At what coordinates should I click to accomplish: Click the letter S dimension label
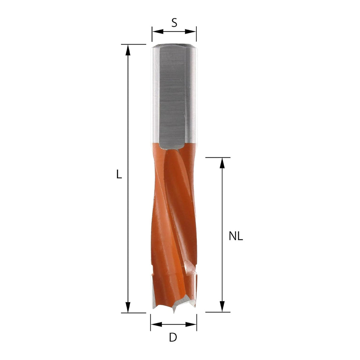[174, 22]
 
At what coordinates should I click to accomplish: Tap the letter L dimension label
[119, 174]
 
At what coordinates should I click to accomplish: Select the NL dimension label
[236, 236]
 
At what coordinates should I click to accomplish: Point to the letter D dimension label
[173, 337]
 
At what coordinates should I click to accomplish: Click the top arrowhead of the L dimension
[128, 50]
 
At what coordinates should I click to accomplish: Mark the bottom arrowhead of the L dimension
[128, 307]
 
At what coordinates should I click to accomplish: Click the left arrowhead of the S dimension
[158, 32]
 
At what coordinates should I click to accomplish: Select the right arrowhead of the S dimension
[191, 32]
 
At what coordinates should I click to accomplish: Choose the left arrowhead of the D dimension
[156, 324]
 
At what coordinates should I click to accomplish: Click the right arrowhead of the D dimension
[191, 324]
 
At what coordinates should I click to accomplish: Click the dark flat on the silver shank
[172, 97]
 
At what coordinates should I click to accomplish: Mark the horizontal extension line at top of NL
[218, 157]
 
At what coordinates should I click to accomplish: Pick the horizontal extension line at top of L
[133, 44]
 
